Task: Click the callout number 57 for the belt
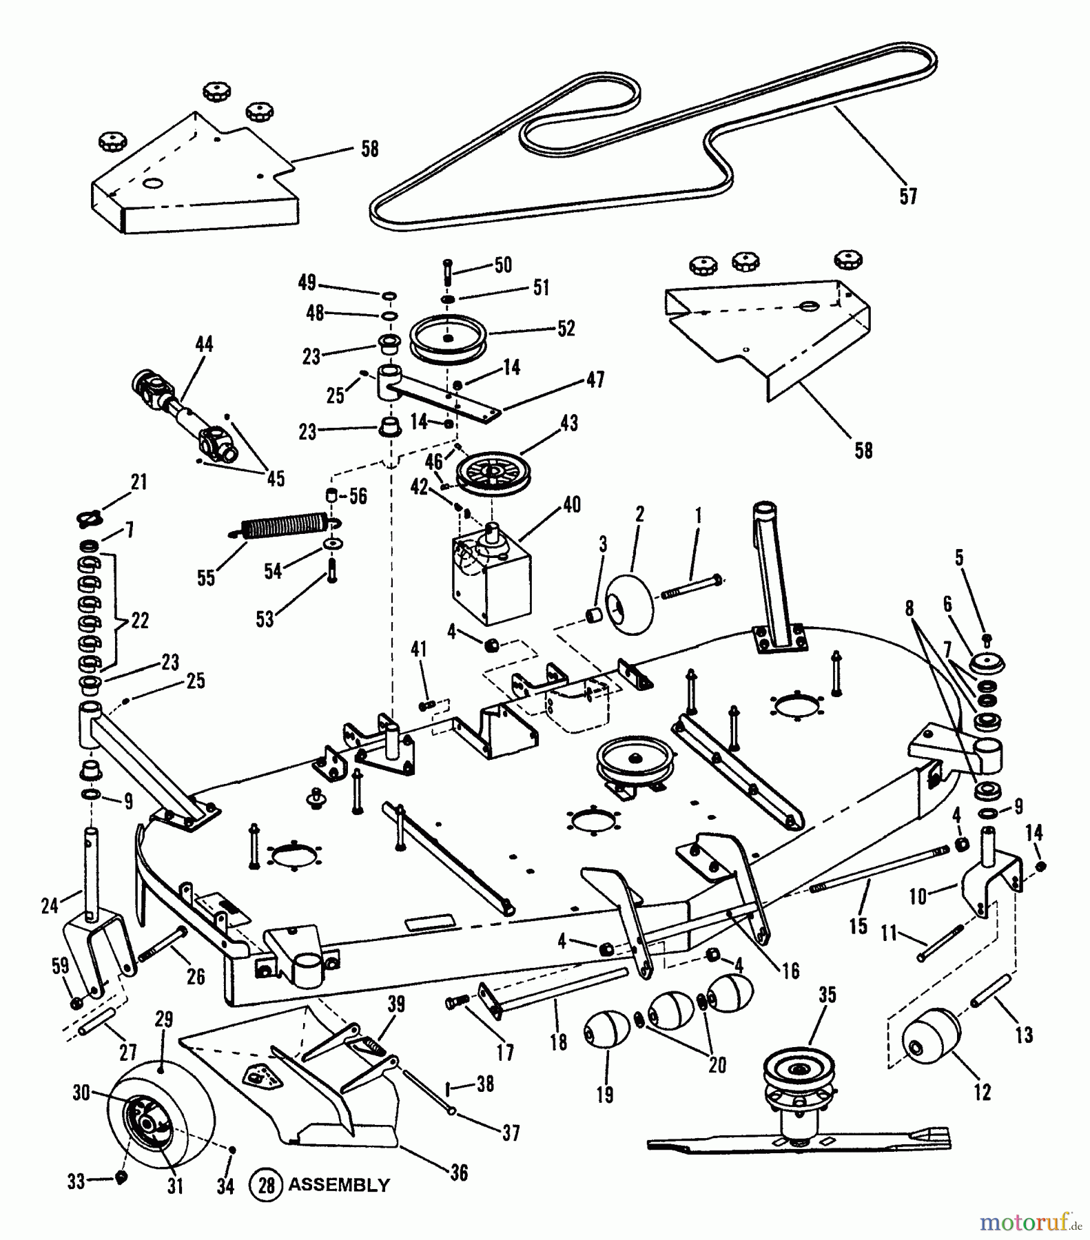908,196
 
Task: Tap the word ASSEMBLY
338,1185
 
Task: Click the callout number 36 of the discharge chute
459,1172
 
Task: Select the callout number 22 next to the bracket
139,620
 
